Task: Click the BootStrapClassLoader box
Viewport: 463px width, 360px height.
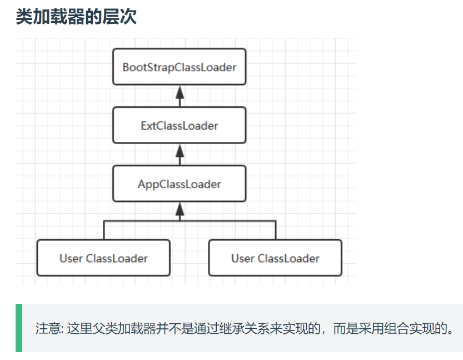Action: (179, 67)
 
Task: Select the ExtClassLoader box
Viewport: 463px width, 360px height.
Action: (179, 125)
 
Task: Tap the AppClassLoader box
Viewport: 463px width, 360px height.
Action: (179, 184)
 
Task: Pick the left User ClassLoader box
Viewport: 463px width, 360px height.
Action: (103, 258)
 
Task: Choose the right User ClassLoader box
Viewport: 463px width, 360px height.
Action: (275, 258)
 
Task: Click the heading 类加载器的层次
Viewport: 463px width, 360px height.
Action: (76, 17)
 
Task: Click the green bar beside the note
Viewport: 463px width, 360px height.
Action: (19, 328)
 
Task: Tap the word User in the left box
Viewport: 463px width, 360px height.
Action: (71, 259)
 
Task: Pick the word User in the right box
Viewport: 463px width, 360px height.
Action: (243, 259)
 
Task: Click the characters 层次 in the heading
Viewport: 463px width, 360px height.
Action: (124, 17)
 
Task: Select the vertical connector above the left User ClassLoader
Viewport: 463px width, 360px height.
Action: (103, 230)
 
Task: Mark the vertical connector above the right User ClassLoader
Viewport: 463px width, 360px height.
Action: (275, 230)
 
